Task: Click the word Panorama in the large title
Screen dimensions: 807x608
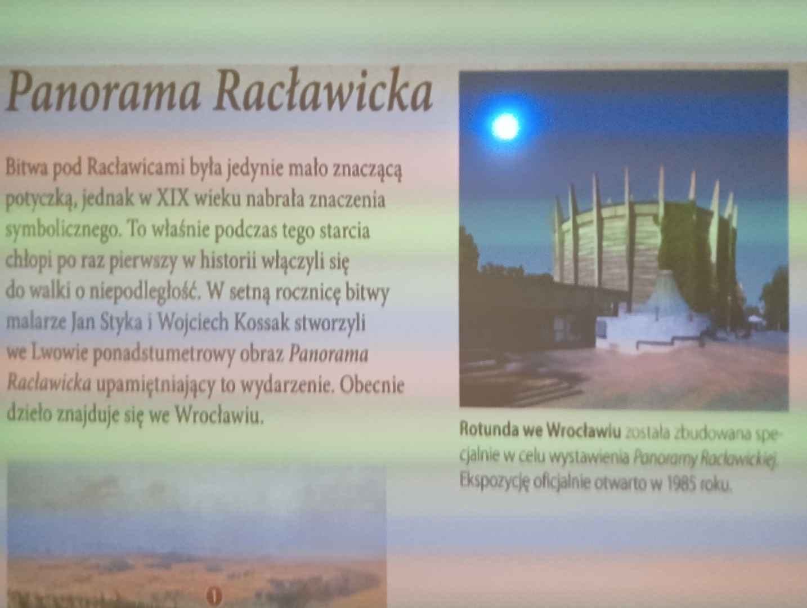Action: click(103, 91)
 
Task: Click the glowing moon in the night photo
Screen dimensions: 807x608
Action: click(505, 127)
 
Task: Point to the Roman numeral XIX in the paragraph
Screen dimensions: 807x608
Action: click(173, 199)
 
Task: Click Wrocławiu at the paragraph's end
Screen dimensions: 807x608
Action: click(219, 415)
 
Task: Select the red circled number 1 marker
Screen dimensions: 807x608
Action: click(214, 595)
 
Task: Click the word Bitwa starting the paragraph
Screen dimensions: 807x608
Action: click(27, 168)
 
